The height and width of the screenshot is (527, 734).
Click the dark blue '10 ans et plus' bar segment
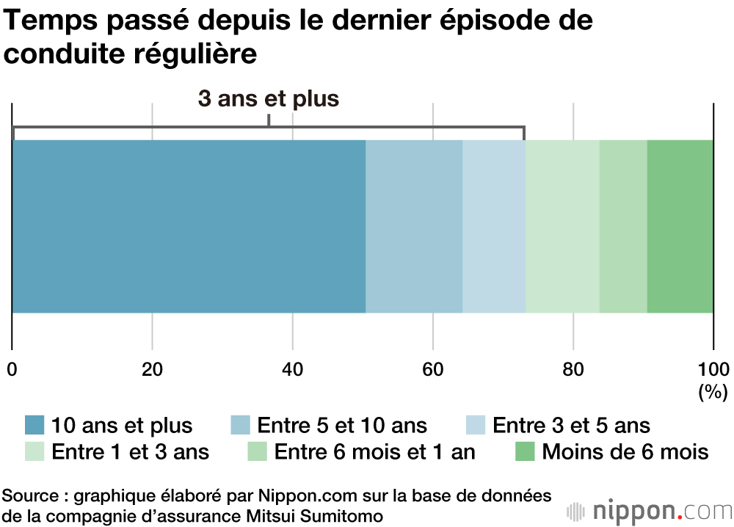pyautogui.click(x=189, y=226)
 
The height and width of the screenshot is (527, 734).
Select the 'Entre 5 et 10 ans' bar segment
pyautogui.click(x=414, y=226)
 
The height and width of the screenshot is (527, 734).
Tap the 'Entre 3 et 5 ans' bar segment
pyautogui.click(x=494, y=226)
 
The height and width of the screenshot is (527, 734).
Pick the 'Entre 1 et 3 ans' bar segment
pyautogui.click(x=562, y=226)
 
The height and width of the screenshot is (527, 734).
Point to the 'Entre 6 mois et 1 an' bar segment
pyautogui.click(x=623, y=226)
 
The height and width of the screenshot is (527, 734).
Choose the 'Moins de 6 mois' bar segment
pyautogui.click(x=680, y=226)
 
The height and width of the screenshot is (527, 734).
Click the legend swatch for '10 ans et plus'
pyautogui.click(x=34, y=425)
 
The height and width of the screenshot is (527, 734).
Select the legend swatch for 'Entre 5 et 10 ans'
pyautogui.click(x=241, y=425)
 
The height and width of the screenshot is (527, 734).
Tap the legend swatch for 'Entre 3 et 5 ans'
pyautogui.click(x=476, y=425)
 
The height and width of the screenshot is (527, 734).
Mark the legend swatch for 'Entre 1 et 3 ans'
pyautogui.click(x=34, y=451)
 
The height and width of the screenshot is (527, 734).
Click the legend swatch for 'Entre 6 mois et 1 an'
pyautogui.click(x=258, y=451)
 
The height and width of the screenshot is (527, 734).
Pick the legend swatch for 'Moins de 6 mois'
pyautogui.click(x=526, y=451)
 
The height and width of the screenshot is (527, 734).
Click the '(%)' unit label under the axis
pyautogui.click(x=712, y=393)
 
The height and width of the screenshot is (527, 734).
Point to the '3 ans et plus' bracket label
pyautogui.click(x=269, y=99)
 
